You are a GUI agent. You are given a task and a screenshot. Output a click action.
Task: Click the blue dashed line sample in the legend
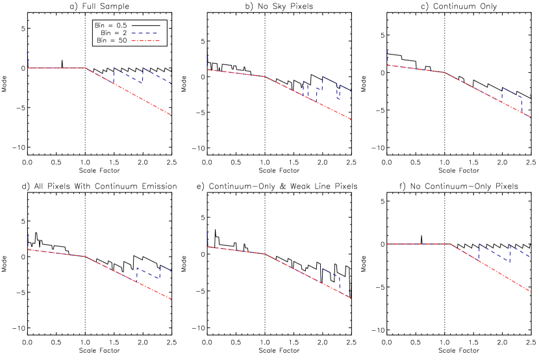(144, 33)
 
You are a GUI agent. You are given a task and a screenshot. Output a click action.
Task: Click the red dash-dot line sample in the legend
(144, 40)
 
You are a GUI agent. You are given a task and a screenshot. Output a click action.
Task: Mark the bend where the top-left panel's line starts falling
(86, 68)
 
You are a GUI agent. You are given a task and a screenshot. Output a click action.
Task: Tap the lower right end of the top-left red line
(171, 115)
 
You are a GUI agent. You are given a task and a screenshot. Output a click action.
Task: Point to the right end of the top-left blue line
(171, 83)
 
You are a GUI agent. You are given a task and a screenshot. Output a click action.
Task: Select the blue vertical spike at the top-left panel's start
(27, 58)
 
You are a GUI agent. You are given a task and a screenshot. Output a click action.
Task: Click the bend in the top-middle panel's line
(265, 77)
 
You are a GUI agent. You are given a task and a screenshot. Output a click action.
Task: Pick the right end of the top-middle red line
(351, 119)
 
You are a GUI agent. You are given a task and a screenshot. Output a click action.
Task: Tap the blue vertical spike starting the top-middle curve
(207, 62)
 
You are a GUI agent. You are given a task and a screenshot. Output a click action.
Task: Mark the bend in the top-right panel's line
(445, 73)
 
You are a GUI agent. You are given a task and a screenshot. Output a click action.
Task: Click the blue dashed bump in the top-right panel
(511, 93)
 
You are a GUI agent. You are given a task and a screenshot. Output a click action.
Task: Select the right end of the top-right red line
(531, 117)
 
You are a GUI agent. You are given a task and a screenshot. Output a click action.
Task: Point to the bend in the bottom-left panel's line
(86, 257)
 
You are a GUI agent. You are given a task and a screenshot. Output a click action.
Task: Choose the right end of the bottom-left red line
(171, 299)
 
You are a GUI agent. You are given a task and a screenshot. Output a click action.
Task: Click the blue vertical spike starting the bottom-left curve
(27, 241)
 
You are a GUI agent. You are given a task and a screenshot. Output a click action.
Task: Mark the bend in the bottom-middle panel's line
(265, 254)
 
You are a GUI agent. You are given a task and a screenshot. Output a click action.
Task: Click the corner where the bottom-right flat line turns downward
(450, 244)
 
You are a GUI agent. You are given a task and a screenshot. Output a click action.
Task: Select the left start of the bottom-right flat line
(388, 244)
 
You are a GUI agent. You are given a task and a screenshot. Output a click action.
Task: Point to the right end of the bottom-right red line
(531, 292)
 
